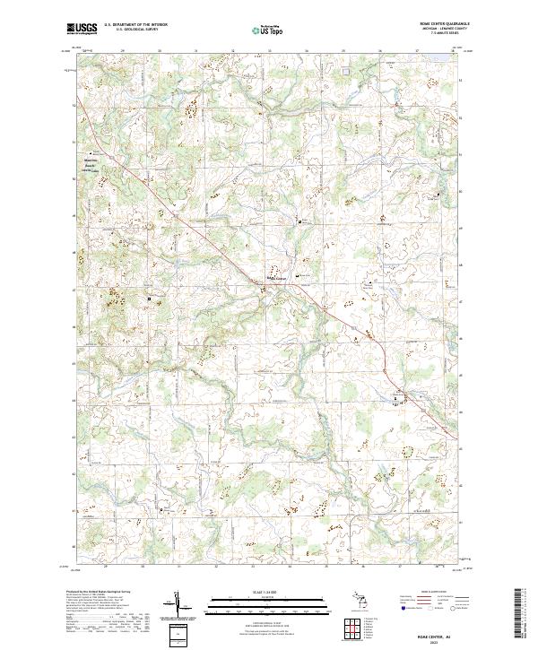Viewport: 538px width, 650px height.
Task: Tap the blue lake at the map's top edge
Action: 437,53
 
